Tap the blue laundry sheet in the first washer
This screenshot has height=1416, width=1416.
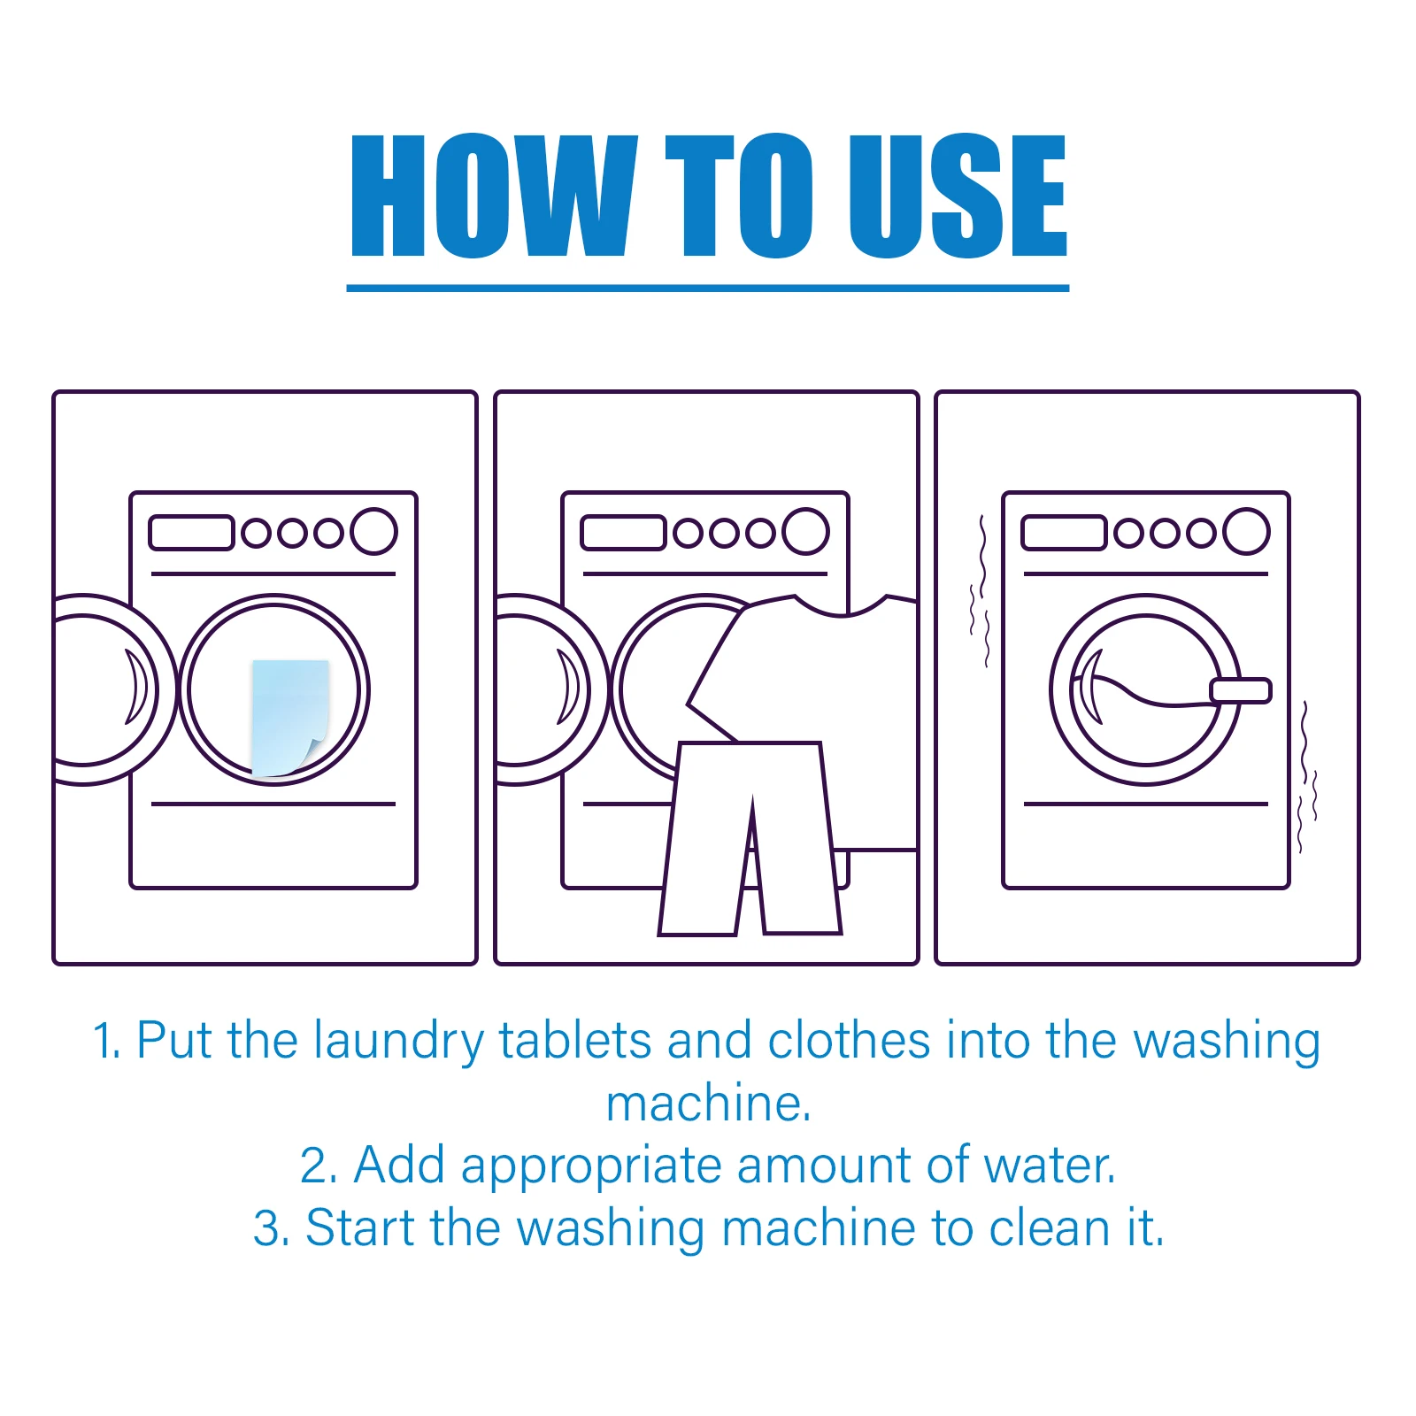click(x=289, y=715)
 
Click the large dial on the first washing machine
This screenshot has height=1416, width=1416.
click(x=373, y=531)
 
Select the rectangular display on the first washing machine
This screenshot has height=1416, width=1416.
click(x=191, y=533)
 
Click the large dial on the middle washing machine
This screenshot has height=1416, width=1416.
click(x=805, y=531)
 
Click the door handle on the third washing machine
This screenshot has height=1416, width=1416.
click(x=1240, y=690)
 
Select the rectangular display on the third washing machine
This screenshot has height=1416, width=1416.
click(x=1064, y=533)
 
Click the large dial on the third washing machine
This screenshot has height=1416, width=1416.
click(x=1246, y=531)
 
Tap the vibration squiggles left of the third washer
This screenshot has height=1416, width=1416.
click(x=980, y=593)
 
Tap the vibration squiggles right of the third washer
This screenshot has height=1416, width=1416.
click(x=1307, y=779)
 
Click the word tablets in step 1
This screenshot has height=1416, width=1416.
click(x=575, y=1041)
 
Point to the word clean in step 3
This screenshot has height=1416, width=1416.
click(x=1049, y=1228)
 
